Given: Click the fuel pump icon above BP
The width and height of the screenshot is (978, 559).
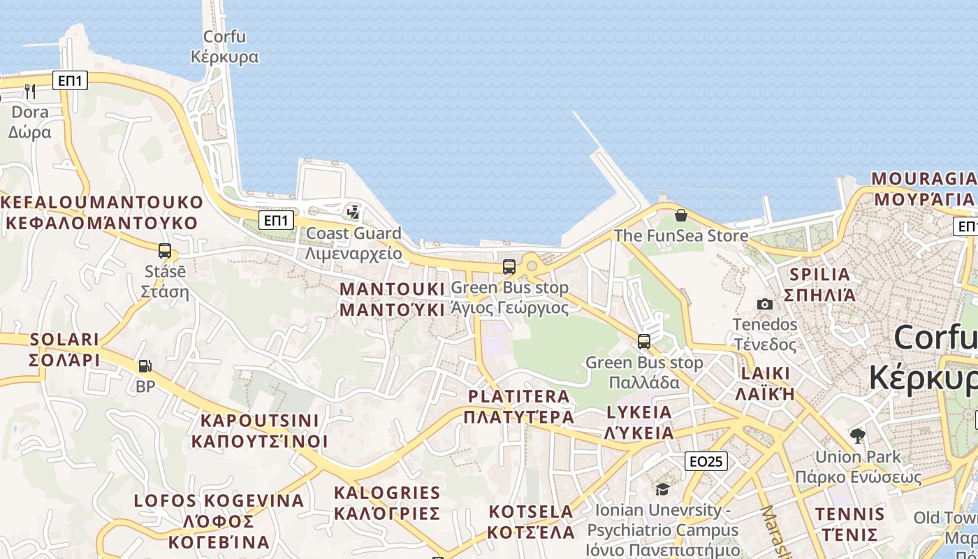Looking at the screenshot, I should [x=145, y=365].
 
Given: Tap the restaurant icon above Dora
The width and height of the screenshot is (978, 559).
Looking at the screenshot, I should [x=30, y=92].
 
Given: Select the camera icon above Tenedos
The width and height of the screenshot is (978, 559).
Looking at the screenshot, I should [x=765, y=304].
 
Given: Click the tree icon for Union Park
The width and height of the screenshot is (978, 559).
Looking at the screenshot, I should [x=858, y=436].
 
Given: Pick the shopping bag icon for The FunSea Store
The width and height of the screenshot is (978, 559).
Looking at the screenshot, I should [x=681, y=215].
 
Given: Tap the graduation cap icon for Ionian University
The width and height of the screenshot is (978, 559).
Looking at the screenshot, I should [x=662, y=489].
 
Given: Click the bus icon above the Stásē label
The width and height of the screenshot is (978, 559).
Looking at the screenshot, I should [x=165, y=251].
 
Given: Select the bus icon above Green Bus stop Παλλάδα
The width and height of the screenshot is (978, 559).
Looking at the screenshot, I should [x=644, y=342].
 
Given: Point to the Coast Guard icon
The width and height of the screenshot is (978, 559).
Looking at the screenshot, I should [x=353, y=212].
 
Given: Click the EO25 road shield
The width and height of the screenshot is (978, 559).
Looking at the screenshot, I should [x=706, y=461].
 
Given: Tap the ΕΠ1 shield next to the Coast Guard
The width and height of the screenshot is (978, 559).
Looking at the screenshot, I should [x=276, y=221].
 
